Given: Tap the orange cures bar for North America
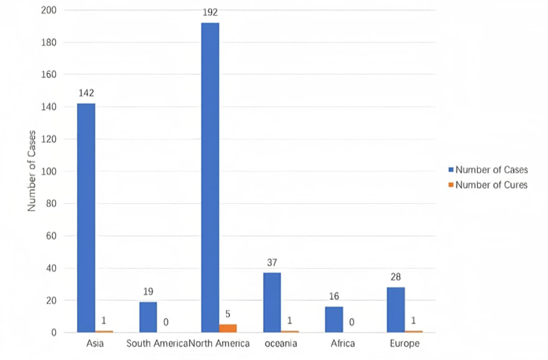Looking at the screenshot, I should point(228,328).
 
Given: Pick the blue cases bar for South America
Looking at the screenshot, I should point(147,317).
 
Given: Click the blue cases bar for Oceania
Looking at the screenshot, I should point(272,302).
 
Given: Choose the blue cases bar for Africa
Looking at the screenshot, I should point(334,319).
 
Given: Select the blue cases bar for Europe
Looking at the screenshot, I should point(395,310).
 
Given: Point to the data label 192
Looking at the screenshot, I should point(209,13).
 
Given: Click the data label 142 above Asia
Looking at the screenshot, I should point(86,93).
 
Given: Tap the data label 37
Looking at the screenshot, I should point(272,262).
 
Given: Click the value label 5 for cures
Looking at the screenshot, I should point(228,314).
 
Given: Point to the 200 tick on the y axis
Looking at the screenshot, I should point(50,10).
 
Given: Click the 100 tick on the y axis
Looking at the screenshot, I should point(50,172).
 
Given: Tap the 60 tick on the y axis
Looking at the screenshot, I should point(52,236).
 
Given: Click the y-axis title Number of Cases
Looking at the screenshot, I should point(32,172).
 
